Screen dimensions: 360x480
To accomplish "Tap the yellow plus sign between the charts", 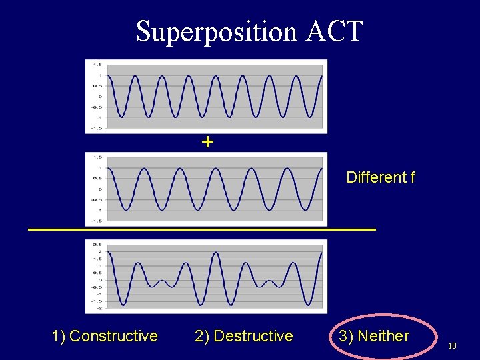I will (207, 141).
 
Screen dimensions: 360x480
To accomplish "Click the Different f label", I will (381, 177).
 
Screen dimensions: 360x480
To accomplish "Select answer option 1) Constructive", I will (105, 336).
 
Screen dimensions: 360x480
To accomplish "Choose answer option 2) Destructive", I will (243, 336).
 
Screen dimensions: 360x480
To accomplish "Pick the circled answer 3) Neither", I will (374, 336).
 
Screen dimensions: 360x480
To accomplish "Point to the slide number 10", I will (452, 346).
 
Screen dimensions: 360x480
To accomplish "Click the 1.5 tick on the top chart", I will (97, 65).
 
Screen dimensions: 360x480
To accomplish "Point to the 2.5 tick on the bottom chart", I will (97, 244).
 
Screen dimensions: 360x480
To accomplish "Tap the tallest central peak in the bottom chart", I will (215, 253).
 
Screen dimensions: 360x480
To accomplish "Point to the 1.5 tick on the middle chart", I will (97, 157).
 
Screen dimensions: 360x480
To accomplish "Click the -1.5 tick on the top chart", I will (97, 128).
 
